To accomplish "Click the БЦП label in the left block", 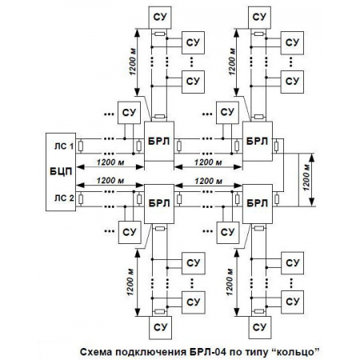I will click(60, 171).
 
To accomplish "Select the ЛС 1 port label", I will click(65, 146).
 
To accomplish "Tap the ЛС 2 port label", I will click(65, 198).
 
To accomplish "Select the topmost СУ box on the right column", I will click(258, 15).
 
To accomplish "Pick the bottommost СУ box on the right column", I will click(258, 326).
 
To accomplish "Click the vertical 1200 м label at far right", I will click(306, 171).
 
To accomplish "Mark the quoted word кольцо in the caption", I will click(295, 351).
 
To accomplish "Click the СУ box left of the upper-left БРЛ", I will click(129, 110).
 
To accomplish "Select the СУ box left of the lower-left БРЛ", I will click(129, 232).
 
